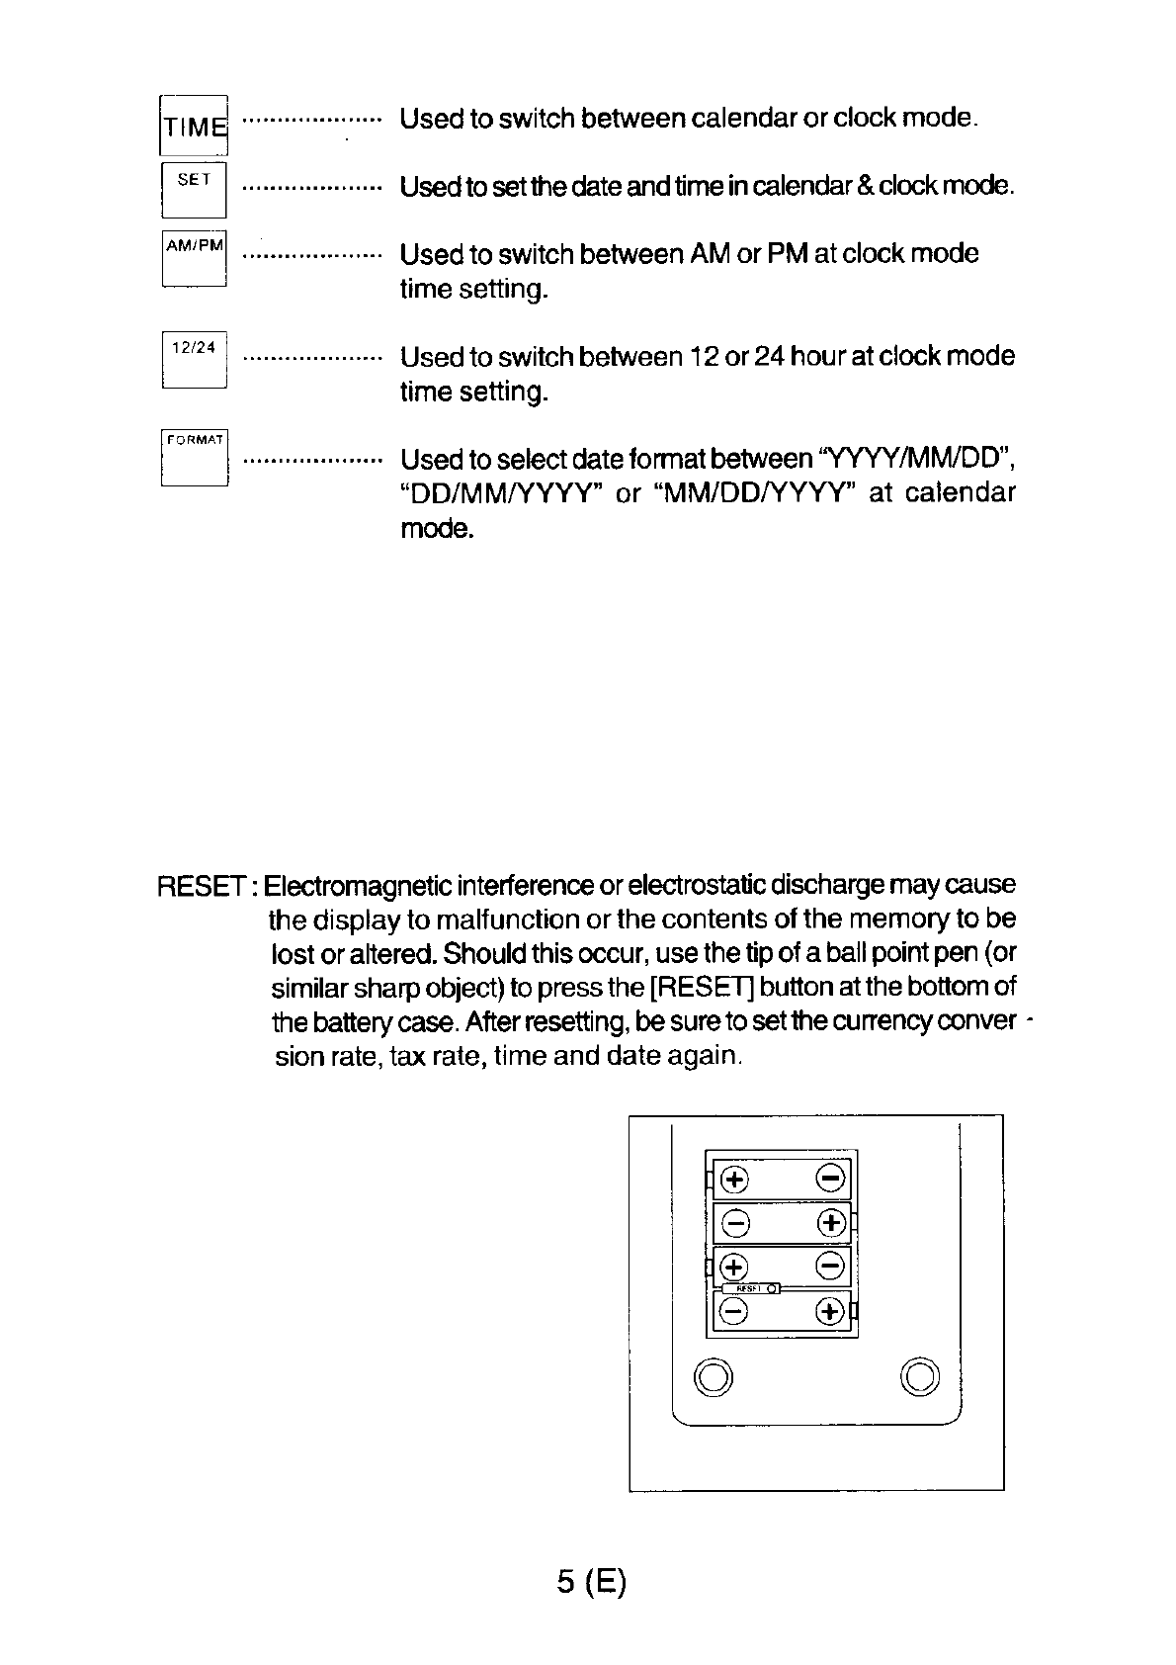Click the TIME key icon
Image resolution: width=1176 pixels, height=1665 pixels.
(194, 126)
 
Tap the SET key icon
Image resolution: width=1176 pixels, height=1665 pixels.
(194, 189)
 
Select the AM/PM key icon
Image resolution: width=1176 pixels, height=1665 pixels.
(195, 258)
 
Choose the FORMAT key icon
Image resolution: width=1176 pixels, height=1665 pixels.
(195, 457)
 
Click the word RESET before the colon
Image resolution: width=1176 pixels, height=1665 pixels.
(202, 885)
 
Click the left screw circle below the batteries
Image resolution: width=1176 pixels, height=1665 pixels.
(714, 1376)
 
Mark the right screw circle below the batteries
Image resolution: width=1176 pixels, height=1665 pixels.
(920, 1376)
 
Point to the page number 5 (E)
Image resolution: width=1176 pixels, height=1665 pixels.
(592, 1582)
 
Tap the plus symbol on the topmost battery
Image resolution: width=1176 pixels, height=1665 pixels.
(734, 1179)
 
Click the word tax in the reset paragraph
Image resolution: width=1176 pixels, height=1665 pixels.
(407, 1057)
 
